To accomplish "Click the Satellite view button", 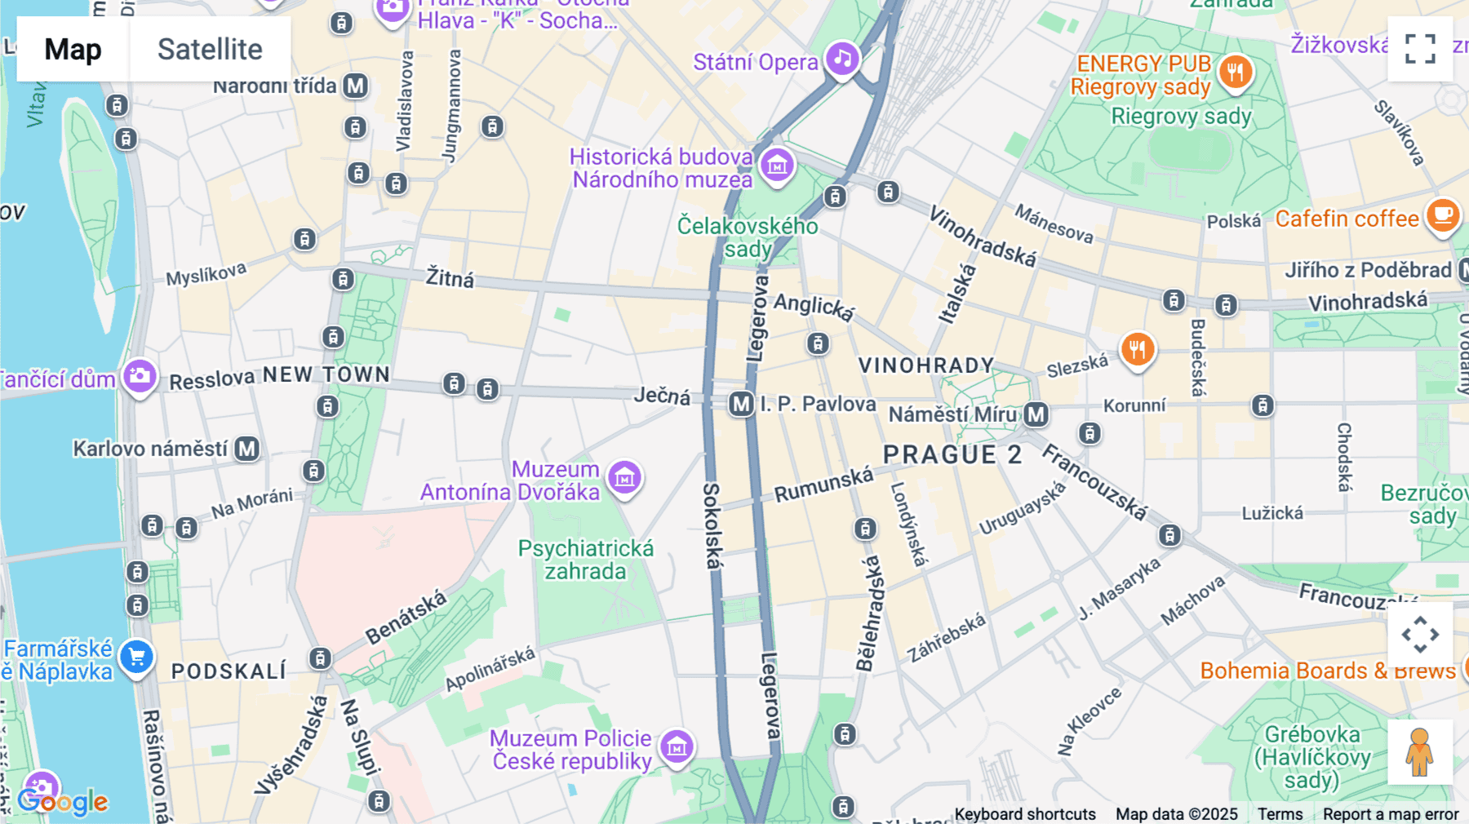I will tap(210, 49).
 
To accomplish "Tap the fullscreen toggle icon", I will tap(1420, 49).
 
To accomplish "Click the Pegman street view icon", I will tap(1420, 751).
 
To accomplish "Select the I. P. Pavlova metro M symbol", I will tap(741, 404).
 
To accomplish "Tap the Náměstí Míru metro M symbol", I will tap(1036, 414).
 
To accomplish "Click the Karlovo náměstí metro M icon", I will tap(247, 449).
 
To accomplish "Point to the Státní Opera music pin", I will tap(842, 59).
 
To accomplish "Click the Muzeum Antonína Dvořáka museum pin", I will tap(625, 478).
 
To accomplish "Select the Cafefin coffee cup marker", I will tap(1442, 215).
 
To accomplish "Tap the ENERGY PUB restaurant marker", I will tap(1236, 72).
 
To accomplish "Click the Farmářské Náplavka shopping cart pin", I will tap(136, 657).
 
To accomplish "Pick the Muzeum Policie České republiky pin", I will tap(677, 746).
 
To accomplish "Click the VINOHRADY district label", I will tap(926, 365).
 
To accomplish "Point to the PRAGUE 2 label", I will tap(952, 454).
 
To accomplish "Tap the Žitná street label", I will tap(450, 278).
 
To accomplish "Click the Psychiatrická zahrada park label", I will tap(585, 560).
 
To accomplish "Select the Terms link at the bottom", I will tap(1280, 813).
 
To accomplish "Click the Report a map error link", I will tap(1391, 813).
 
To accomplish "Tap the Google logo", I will tap(63, 801).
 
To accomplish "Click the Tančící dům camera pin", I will tap(140, 376).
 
